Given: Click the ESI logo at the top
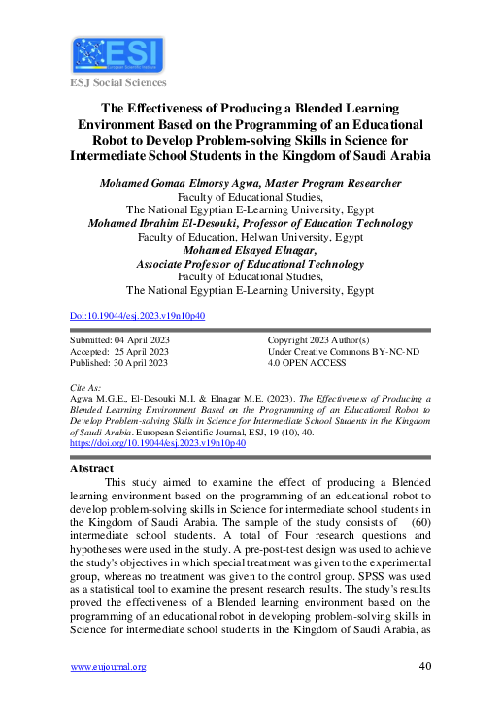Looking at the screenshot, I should click(117, 54).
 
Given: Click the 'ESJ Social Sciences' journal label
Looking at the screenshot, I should click(117, 84).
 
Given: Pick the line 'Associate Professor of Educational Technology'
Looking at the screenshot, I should click(250, 263).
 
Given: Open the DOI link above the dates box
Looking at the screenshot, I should click(137, 316).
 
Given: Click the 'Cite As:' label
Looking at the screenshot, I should click(88, 387).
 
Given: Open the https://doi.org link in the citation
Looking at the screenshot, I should click(157, 443).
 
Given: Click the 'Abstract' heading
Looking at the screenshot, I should click(92, 467).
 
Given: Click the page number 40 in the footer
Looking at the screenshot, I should click(423, 666).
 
